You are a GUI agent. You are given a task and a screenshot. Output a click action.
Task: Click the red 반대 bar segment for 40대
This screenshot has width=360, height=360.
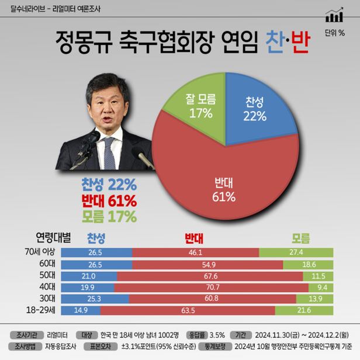(x=211, y=287)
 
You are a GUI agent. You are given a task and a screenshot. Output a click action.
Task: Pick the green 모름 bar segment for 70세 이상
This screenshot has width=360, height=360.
(x=296, y=252)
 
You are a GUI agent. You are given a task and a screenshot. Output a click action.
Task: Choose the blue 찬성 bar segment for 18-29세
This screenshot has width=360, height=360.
(x=80, y=310)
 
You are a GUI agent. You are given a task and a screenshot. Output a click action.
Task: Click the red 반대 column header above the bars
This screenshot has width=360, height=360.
(x=193, y=238)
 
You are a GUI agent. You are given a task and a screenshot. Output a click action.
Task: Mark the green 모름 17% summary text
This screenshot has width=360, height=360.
(x=109, y=217)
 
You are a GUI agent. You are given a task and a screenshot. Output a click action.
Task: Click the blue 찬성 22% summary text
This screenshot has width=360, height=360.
(x=109, y=186)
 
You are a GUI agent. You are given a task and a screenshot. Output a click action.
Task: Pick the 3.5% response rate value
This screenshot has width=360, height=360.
(x=217, y=335)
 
